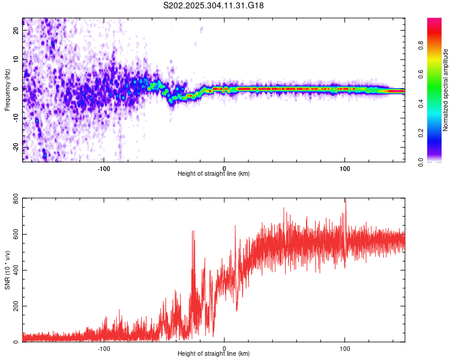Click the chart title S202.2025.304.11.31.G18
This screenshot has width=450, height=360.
click(214, 5)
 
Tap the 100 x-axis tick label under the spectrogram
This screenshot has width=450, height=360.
click(345, 167)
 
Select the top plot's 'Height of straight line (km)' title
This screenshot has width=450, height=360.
click(214, 174)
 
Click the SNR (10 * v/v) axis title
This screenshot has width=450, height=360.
click(7, 269)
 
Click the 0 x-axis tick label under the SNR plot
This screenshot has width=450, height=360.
click(224, 348)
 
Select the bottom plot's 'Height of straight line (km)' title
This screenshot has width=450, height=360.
click(214, 354)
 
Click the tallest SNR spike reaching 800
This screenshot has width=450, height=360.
click(345, 200)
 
